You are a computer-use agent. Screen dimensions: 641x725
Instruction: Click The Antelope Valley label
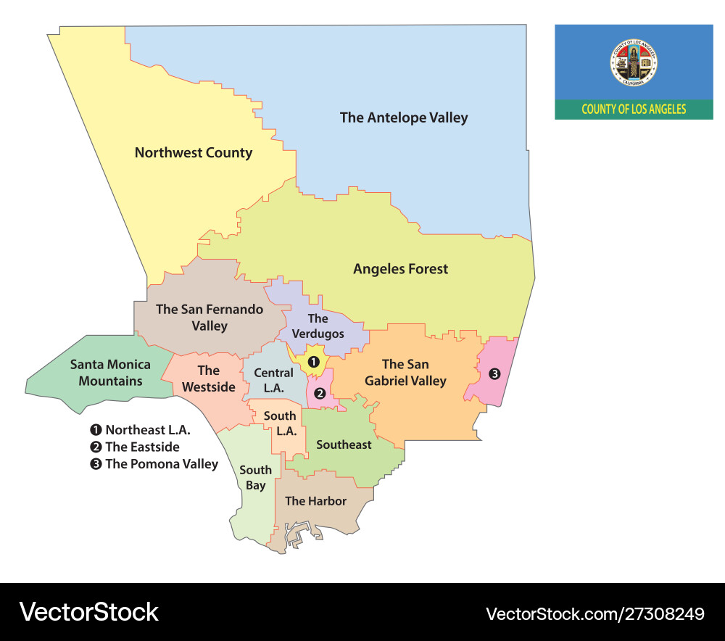click(404, 117)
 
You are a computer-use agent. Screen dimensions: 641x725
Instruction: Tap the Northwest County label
click(194, 153)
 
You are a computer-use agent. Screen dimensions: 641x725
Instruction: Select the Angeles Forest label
click(400, 269)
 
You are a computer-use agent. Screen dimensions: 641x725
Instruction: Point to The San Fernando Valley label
click(210, 318)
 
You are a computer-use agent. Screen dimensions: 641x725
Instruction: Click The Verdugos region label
click(318, 326)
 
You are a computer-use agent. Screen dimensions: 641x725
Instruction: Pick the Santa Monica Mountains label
click(110, 373)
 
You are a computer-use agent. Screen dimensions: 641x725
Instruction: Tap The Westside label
click(208, 379)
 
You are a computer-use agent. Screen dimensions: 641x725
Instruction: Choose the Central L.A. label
click(273, 381)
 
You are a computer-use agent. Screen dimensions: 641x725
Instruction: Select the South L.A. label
click(279, 423)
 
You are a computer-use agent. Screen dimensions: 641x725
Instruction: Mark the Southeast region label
click(344, 444)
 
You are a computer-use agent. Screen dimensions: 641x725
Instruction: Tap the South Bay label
click(255, 477)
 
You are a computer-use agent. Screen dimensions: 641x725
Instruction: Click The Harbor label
click(315, 501)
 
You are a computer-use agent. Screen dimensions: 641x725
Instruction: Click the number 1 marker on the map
click(313, 361)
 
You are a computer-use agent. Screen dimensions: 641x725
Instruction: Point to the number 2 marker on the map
click(320, 393)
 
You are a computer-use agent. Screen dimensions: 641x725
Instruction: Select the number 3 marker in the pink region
click(494, 374)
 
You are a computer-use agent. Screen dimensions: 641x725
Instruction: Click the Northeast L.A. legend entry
click(141, 430)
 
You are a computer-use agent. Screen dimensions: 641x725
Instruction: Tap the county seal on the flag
click(634, 62)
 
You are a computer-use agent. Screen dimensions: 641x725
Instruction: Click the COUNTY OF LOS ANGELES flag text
click(634, 109)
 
